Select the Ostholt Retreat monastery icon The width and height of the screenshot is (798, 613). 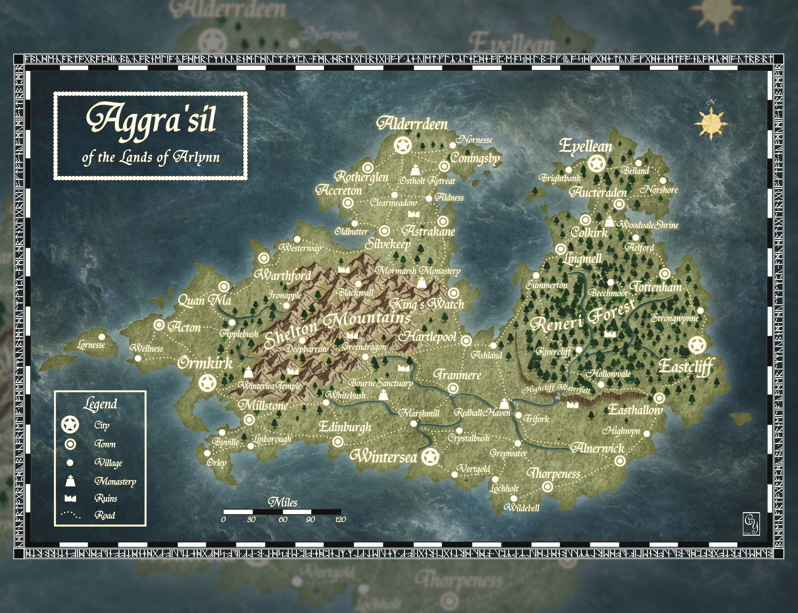pyautogui.click(x=415, y=170)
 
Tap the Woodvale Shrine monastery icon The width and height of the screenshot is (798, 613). pyautogui.click(x=609, y=221)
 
